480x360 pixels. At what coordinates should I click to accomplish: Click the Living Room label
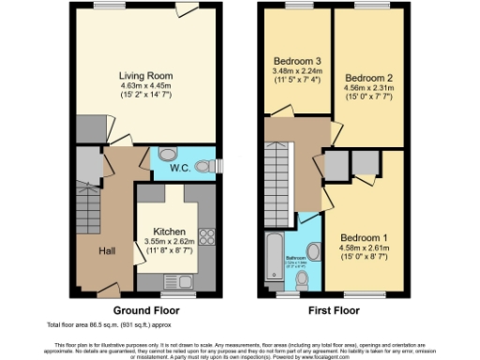coord(145,75)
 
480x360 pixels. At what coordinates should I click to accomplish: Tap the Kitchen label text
coord(170,232)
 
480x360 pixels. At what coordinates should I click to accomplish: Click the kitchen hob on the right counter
coord(206,237)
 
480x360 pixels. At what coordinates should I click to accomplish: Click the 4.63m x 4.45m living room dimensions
coord(145,85)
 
